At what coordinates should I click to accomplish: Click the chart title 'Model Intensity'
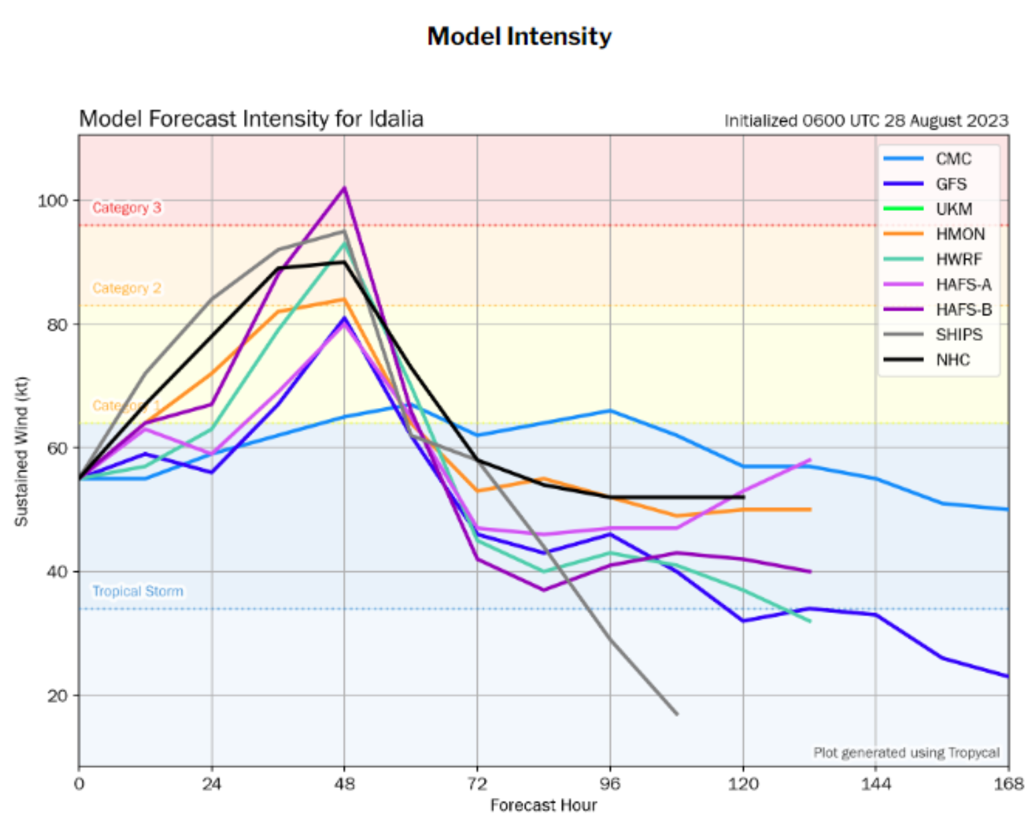[x=519, y=36]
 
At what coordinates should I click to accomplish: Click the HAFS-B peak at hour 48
[x=344, y=188]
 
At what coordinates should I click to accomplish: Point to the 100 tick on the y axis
[x=52, y=200]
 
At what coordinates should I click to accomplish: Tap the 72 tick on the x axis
[x=477, y=783]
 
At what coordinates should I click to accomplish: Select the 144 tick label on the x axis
[x=876, y=783]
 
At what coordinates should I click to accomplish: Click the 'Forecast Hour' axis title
[x=543, y=805]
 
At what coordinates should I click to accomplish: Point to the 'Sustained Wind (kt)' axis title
[x=21, y=452]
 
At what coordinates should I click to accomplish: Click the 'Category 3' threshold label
[x=127, y=208]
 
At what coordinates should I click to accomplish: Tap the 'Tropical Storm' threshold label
[x=137, y=591]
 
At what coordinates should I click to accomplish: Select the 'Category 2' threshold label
[x=127, y=288]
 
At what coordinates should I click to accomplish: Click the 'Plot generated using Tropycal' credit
[x=906, y=752]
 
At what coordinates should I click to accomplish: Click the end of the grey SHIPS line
[x=677, y=714]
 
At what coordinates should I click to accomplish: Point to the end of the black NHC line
[x=743, y=497]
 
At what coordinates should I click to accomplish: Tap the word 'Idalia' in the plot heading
[x=395, y=119]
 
